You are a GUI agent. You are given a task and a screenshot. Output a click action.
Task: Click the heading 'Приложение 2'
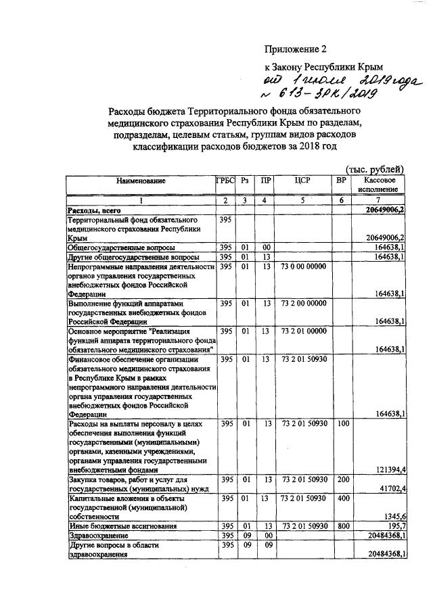(x=294, y=49)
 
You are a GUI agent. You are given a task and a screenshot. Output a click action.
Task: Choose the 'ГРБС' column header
(x=225, y=181)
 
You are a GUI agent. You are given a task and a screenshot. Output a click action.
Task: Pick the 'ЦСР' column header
(x=302, y=181)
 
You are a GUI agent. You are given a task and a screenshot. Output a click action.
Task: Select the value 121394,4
(x=389, y=469)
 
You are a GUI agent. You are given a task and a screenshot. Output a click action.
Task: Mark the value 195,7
(x=395, y=525)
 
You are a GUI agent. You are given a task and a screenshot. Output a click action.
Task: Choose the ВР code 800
(x=342, y=525)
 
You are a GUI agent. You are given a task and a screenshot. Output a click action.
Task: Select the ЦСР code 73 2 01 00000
(x=302, y=331)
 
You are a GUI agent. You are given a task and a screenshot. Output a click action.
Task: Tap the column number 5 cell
(x=302, y=201)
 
